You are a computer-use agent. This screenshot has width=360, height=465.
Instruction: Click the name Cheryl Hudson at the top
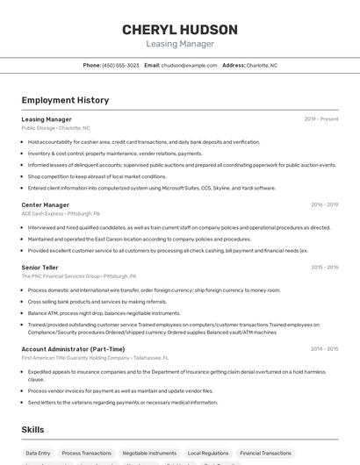pyautogui.click(x=179, y=29)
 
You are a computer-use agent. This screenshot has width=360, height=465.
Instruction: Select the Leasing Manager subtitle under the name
pyautogui.click(x=179, y=43)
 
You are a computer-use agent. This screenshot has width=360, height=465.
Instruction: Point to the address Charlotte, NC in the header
pyautogui.click(x=261, y=65)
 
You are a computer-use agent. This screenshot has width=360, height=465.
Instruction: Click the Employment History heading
pyautogui.click(x=65, y=100)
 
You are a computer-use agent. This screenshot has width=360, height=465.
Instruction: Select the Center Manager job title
pyautogui.click(x=46, y=204)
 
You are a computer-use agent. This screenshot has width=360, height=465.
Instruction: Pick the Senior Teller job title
pyautogui.click(x=40, y=267)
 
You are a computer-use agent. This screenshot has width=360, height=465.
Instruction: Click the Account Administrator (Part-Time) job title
pyautogui.click(x=72, y=348)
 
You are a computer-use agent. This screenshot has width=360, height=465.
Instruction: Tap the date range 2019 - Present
pyautogui.click(x=321, y=119)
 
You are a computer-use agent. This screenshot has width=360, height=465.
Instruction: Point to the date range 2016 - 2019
pyautogui.click(x=324, y=204)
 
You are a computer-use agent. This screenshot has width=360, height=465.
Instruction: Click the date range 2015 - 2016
pyautogui.click(x=324, y=267)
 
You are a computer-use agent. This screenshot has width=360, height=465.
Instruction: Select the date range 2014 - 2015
pyautogui.click(x=324, y=348)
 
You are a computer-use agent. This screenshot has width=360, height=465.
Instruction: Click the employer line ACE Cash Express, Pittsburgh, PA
pyautogui.click(x=61, y=213)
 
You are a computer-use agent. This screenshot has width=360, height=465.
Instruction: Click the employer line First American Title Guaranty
pyautogui.click(x=94, y=357)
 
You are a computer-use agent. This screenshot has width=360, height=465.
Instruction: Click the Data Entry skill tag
pyautogui.click(x=38, y=454)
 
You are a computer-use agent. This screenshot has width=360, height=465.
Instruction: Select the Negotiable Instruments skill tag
pyautogui.click(x=149, y=454)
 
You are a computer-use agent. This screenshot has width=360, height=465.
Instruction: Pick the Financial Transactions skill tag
pyautogui.click(x=265, y=454)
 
